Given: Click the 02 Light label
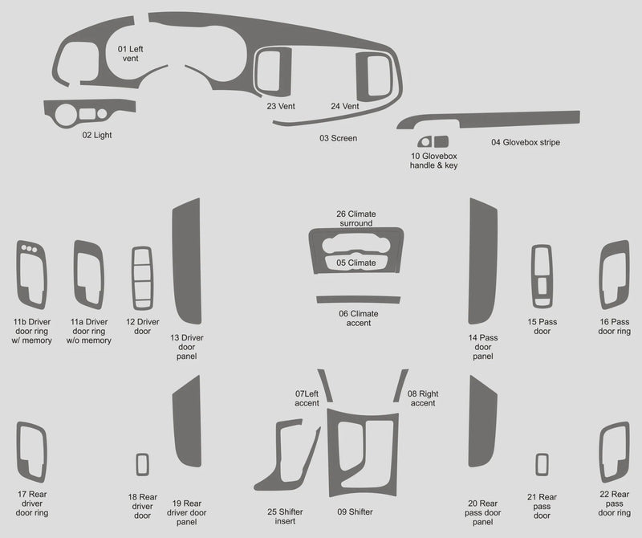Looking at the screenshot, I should point(97,135).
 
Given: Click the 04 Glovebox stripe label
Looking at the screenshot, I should point(526,142).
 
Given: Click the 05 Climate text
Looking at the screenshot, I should point(356,263).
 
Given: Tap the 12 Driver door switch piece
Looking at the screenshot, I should point(141,277).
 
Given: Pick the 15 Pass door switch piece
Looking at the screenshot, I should point(542,276).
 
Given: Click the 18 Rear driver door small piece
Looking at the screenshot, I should point(142,464).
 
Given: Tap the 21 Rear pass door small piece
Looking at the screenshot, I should point(542,464).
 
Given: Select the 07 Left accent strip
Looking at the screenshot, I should point(325,384).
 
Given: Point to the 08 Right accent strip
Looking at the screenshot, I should point(400,385).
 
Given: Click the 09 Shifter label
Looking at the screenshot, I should point(356,512).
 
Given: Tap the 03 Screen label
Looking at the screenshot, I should point(338,138).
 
